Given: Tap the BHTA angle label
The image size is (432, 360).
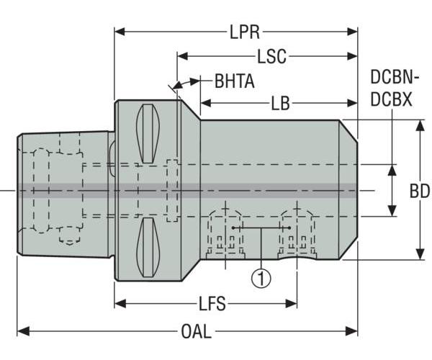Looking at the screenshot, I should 234,81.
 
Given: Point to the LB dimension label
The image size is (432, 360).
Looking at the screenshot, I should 280,104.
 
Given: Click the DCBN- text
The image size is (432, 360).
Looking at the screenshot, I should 395,78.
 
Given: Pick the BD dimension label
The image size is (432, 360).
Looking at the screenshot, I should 420,191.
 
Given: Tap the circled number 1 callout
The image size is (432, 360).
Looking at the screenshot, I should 261,276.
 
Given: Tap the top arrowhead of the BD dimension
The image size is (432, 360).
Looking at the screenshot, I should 420,124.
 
